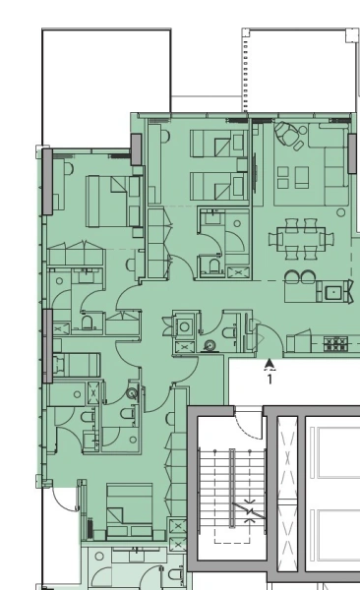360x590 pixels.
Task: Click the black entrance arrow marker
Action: pyautogui.click(x=270, y=363)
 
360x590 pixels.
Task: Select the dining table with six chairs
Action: pyautogui.click(x=301, y=236)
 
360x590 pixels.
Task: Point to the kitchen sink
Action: pyautogui.click(x=334, y=291)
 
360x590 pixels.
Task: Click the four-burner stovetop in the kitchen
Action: pyautogui.click(x=336, y=344)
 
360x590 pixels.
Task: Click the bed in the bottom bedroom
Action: pyautogui.click(x=128, y=508)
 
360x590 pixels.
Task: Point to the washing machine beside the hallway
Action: pyautogui.click(x=209, y=345)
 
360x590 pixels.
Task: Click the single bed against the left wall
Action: pyautogui.click(x=74, y=366)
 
